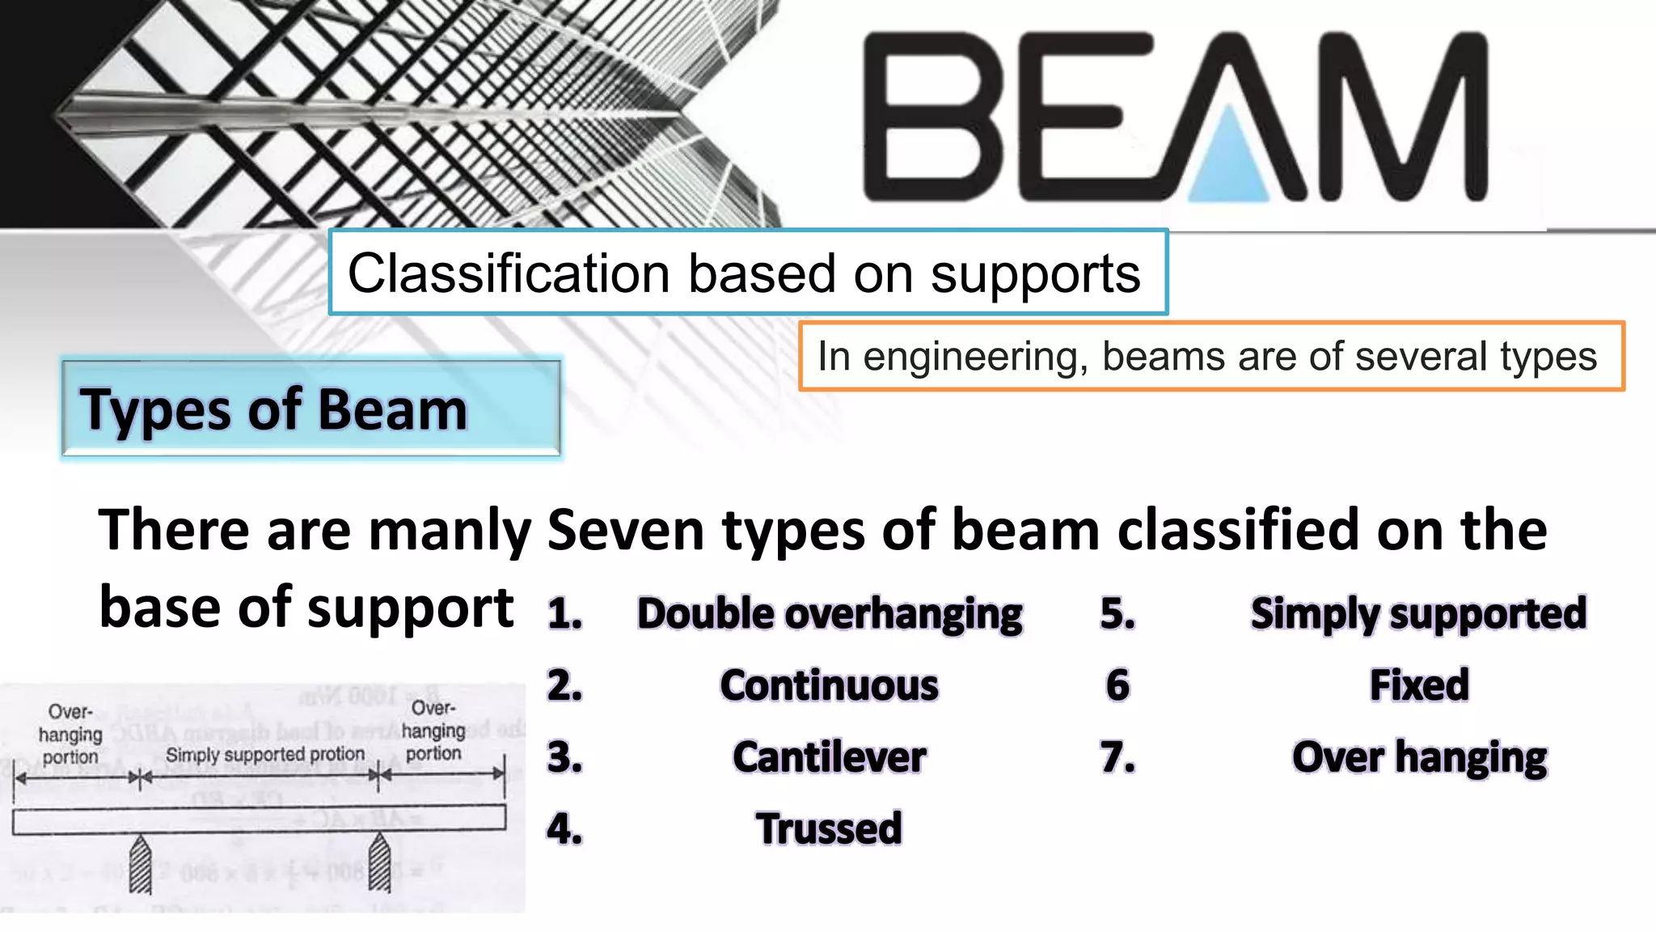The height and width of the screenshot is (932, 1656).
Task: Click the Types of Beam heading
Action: pyautogui.click(x=273, y=409)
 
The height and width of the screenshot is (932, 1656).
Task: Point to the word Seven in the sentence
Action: pyautogui.click(x=625, y=531)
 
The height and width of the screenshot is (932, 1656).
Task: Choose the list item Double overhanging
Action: pyautogui.click(x=830, y=613)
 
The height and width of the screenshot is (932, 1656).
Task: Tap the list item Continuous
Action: pyautogui.click(x=830, y=685)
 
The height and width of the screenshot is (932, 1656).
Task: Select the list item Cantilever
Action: pyautogui.click(x=830, y=757)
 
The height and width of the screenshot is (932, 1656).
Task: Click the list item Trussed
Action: pyautogui.click(x=830, y=828)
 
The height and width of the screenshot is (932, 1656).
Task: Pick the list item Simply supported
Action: pyautogui.click(x=1418, y=613)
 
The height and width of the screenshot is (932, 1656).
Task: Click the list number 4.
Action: pyautogui.click(x=564, y=829)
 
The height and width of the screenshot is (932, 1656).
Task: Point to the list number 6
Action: pyautogui.click(x=1117, y=685)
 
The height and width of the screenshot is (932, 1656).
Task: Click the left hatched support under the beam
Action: pyautogui.click(x=141, y=864)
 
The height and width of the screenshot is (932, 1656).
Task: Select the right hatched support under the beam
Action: pyautogui.click(x=379, y=864)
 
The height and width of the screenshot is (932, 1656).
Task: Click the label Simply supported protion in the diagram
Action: pyautogui.click(x=265, y=754)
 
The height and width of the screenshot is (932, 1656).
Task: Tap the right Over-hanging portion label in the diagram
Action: pyautogui.click(x=433, y=731)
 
